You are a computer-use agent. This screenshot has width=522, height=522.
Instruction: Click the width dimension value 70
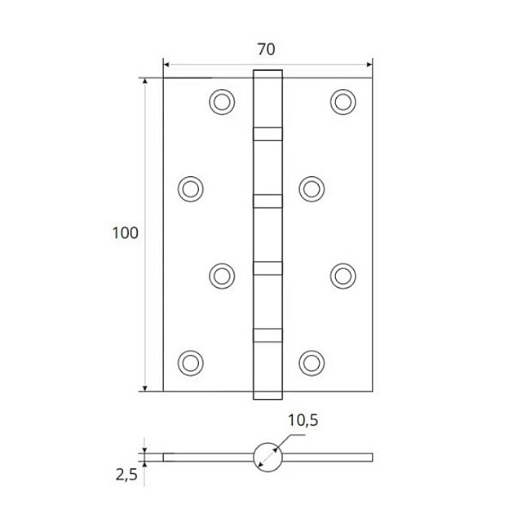(x=266, y=49)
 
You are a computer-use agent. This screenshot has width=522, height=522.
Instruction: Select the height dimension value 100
(x=125, y=233)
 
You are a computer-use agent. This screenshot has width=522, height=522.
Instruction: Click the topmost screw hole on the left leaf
(x=221, y=101)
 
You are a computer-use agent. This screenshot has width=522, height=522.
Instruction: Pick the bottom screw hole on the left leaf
(x=190, y=361)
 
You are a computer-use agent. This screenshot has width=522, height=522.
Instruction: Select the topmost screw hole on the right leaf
(x=343, y=101)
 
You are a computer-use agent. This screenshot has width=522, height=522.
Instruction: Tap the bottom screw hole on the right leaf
(x=312, y=361)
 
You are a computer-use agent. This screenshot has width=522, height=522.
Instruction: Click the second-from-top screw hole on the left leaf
(x=190, y=188)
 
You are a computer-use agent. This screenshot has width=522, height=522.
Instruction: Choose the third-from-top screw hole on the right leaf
(x=343, y=275)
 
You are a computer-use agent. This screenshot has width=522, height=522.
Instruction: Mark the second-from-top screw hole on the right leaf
(x=312, y=188)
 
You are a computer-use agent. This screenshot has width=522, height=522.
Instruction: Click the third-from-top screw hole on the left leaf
(x=221, y=275)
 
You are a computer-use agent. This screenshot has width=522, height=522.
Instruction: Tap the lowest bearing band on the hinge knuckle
(x=268, y=334)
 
